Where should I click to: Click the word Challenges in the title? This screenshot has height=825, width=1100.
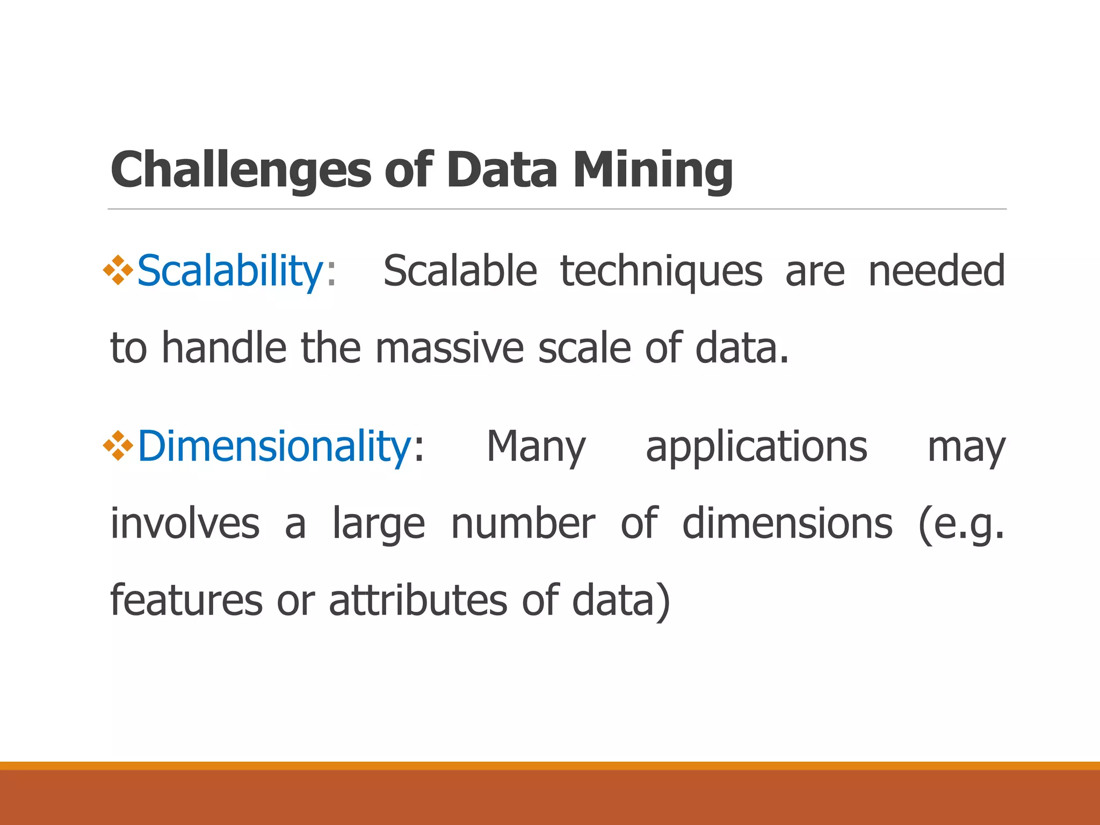tap(241, 171)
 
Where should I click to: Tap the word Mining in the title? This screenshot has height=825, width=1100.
tap(653, 171)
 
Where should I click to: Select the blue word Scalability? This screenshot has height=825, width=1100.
tap(230, 271)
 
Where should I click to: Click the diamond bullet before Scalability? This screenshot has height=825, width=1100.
tap(118, 270)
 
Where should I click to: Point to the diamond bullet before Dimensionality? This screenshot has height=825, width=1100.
tap(118, 446)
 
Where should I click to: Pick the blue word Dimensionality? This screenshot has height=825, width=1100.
tap(274, 447)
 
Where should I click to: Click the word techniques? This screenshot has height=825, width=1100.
tap(661, 271)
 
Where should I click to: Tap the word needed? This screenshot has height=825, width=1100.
tap(936, 271)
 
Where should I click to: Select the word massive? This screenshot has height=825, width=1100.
tap(449, 348)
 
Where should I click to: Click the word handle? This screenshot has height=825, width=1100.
tap(224, 348)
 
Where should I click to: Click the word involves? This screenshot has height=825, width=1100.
tap(185, 524)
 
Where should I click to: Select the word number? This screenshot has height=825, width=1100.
tap(523, 524)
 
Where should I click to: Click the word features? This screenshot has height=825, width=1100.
tap(186, 600)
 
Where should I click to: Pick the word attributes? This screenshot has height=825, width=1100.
tap(418, 600)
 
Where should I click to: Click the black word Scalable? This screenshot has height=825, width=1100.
tap(460, 271)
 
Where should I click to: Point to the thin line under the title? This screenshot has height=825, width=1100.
tap(557, 209)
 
